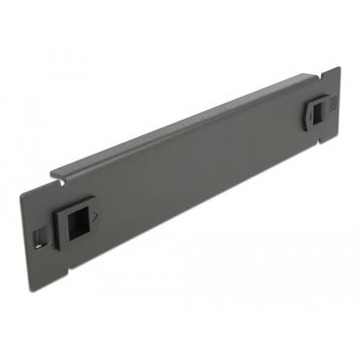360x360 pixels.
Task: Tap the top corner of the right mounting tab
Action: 339,68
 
